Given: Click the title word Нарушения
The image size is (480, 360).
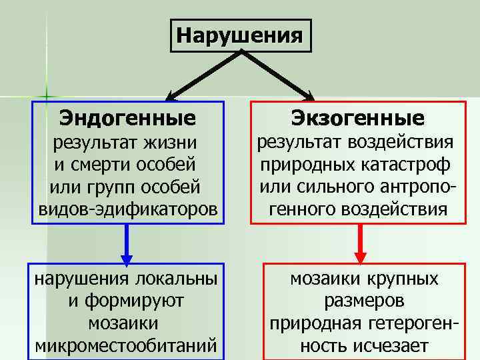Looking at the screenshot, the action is pos(241,33).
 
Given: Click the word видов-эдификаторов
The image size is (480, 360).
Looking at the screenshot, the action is pos(127,209).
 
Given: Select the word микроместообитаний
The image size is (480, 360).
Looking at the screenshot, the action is pos(127,345).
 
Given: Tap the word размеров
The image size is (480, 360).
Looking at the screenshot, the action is pos(364,301).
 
